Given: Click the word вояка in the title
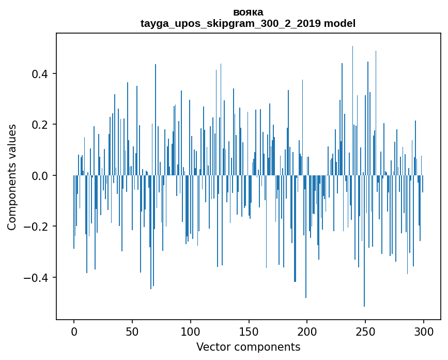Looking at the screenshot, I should point(248,12).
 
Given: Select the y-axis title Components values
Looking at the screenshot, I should point(12,176).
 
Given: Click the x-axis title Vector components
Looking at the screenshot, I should point(248,347).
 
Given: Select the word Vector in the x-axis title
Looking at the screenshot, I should point(212,347).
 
